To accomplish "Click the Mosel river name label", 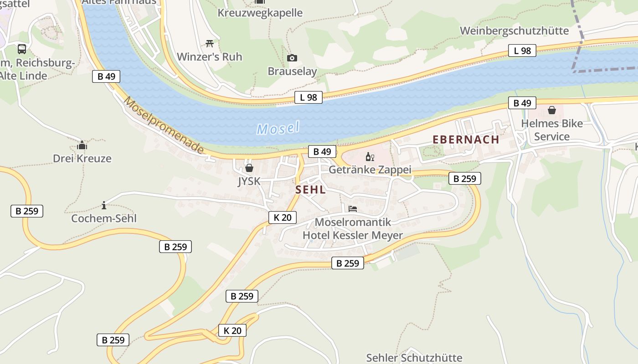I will (x=278, y=128).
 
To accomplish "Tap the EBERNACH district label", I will (x=466, y=140).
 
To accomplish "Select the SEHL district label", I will (x=310, y=190).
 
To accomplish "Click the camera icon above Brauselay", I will (x=292, y=58).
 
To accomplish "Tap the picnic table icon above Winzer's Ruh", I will (x=210, y=43).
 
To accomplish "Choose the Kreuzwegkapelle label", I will (x=260, y=13).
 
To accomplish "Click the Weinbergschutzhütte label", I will (x=515, y=31).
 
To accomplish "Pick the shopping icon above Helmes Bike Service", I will (x=552, y=110).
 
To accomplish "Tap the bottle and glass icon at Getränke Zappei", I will (x=370, y=157).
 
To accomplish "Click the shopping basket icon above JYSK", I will (x=249, y=168).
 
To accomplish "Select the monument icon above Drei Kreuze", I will (x=82, y=146).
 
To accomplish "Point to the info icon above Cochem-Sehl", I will (x=104, y=205).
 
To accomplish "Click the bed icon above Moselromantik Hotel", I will (x=353, y=209).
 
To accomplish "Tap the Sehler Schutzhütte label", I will (x=414, y=358).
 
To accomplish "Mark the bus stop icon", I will (x=22, y=49).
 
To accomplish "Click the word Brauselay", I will (x=292, y=71).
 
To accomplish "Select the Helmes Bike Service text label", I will (x=552, y=130).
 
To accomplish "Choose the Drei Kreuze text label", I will (x=82, y=159).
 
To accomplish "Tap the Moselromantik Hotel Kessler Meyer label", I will (x=353, y=229).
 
